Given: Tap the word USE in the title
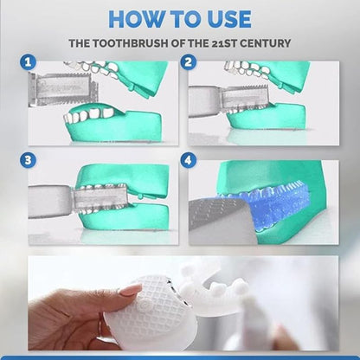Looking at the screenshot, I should click(x=223, y=18).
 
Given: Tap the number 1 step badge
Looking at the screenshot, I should click(x=30, y=62).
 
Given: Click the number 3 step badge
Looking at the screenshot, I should click(x=30, y=160).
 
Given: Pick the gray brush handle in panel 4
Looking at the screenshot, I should click(x=216, y=216).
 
